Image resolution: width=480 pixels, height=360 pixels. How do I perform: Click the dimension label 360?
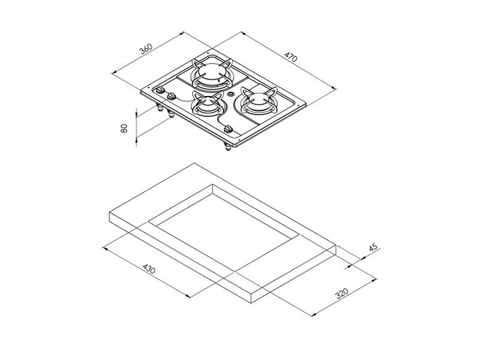(146, 49)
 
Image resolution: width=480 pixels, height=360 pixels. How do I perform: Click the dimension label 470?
(290, 57)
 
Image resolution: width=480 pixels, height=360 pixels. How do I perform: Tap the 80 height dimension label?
(124, 128)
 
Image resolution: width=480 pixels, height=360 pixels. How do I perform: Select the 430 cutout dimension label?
(149, 268)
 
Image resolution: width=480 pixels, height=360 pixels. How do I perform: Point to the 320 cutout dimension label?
(342, 293)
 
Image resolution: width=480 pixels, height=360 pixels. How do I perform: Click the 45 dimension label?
(373, 247)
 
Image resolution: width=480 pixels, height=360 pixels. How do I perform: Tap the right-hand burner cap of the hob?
(258, 100)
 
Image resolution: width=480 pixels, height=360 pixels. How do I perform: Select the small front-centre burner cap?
(206, 104)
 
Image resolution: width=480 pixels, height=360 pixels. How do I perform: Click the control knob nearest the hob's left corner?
(160, 90)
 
